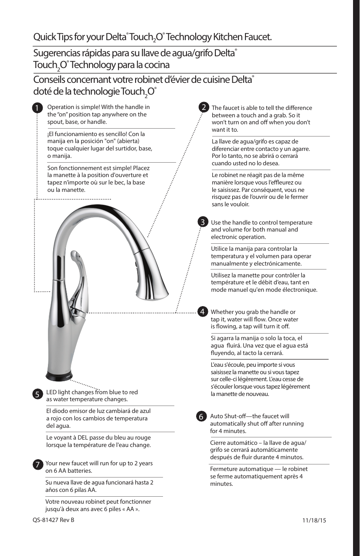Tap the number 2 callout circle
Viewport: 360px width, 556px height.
[203, 107]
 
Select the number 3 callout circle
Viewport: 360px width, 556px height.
[203, 222]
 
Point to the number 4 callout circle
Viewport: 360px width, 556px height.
[203, 311]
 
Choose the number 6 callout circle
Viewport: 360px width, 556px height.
[202, 416]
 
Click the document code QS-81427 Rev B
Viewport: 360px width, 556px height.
[54, 520]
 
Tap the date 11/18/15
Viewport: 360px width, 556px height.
[314, 520]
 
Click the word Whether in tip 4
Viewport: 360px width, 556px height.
[223, 312]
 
